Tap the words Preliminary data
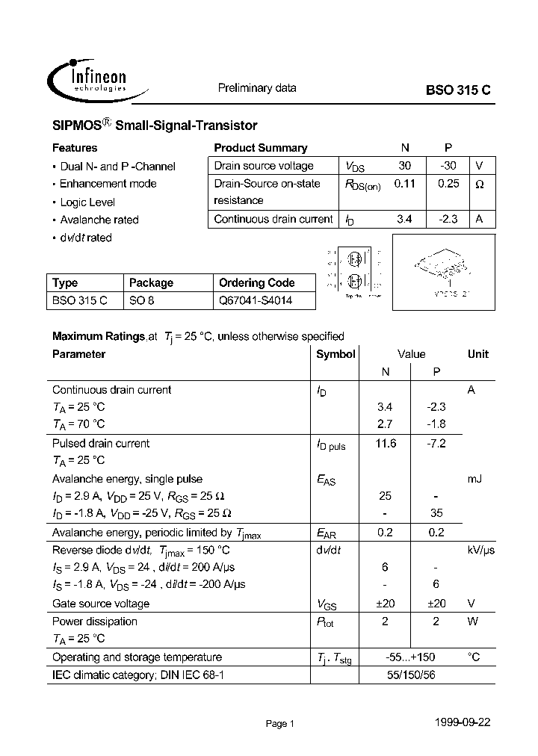(x=257, y=88)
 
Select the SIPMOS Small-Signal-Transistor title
(x=155, y=126)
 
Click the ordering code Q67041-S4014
(x=256, y=301)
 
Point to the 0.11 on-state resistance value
(x=404, y=183)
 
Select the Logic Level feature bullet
(x=87, y=202)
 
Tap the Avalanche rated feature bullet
(x=99, y=220)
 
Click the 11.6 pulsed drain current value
(x=386, y=443)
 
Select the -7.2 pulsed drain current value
(x=436, y=443)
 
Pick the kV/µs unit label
(x=481, y=550)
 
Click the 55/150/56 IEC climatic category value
(x=411, y=675)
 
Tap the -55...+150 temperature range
(x=410, y=657)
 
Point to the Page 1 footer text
(x=281, y=723)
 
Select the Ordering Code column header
(x=256, y=283)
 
